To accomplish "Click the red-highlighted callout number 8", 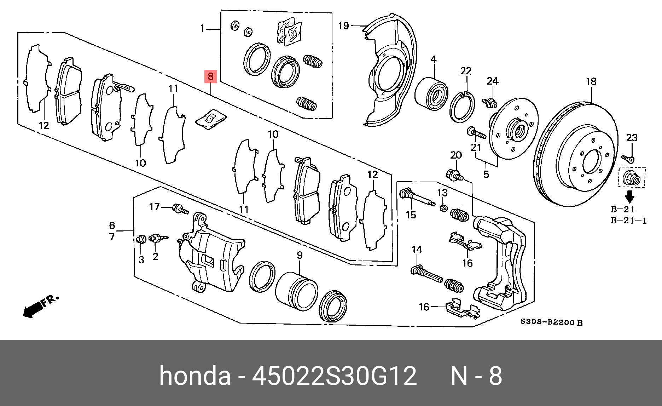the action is point(210,76).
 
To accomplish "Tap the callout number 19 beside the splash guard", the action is point(343,25).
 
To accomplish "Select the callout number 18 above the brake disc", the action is point(591,82).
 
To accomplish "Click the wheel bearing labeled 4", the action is point(431,93).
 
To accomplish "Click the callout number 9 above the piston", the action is point(300,255).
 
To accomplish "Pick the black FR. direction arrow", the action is point(34,309).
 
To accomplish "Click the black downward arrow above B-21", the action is point(629,196).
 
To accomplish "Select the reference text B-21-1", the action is point(628,221).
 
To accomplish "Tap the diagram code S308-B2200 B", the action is point(551,322).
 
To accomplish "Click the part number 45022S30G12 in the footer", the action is point(334,376).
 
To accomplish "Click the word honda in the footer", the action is point(195,376).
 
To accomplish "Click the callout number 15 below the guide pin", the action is point(411,215).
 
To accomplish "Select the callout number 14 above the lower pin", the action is point(417,250).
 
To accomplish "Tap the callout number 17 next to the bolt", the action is point(155,206).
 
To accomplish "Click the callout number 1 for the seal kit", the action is point(202,28).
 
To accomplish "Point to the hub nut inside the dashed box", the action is point(631,178).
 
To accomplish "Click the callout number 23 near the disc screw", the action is point(632,138).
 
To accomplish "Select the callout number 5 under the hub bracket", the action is point(486,174).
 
